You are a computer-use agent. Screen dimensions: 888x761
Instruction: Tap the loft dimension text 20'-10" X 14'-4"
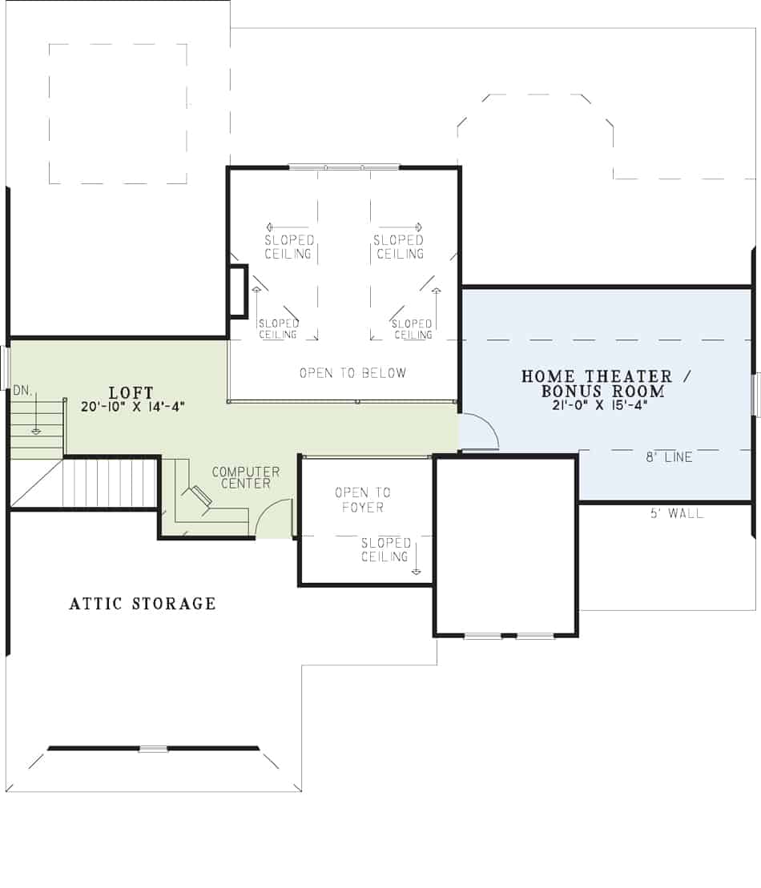click(133, 406)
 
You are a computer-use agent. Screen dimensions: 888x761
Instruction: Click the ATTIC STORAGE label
click(143, 604)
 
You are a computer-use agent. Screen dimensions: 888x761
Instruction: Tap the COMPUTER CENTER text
click(245, 477)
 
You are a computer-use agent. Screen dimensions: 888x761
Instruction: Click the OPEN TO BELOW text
click(352, 373)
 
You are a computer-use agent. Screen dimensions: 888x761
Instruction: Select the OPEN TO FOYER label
click(362, 500)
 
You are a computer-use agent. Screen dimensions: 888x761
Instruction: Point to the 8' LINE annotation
click(669, 458)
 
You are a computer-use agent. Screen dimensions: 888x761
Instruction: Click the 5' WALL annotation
click(677, 513)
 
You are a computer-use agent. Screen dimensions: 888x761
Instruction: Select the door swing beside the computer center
click(272, 518)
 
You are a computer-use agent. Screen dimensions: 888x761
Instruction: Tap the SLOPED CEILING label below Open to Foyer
click(385, 550)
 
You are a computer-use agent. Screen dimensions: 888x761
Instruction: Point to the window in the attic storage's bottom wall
click(153, 749)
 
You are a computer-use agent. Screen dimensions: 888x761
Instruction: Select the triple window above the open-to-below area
click(344, 167)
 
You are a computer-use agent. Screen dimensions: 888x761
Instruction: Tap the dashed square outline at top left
click(118, 114)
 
